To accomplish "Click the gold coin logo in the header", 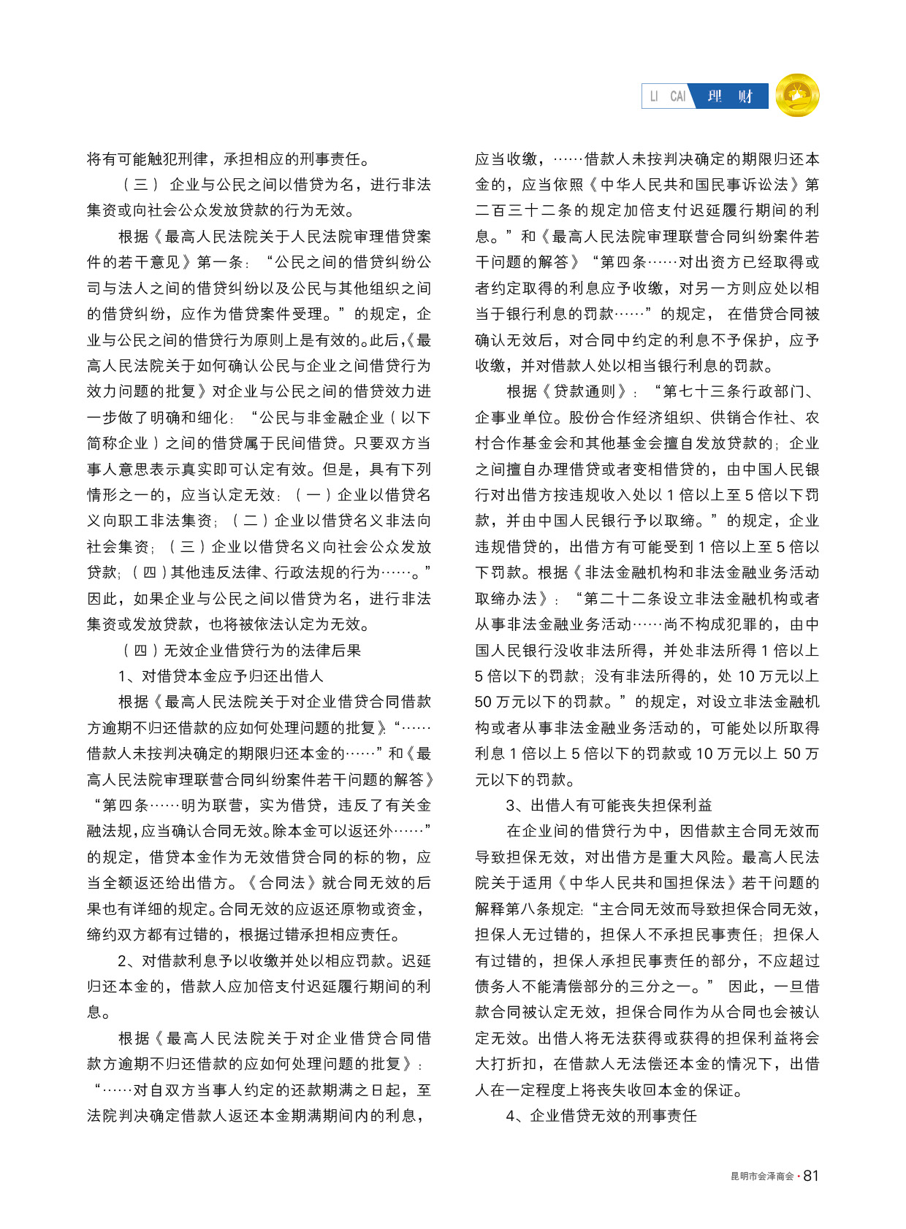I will click(x=797, y=96).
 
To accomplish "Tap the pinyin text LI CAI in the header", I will click(x=668, y=96).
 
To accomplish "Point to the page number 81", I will click(x=811, y=1176).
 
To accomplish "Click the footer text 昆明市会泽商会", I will click(x=762, y=1176).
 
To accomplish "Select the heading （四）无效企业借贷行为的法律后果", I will click(x=241, y=650).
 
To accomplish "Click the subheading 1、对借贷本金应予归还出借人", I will click(x=221, y=675).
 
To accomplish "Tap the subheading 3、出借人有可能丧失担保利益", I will click(x=609, y=805).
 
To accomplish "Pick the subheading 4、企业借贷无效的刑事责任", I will click(x=601, y=1115).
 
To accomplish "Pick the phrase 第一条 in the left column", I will click(x=220, y=262).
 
